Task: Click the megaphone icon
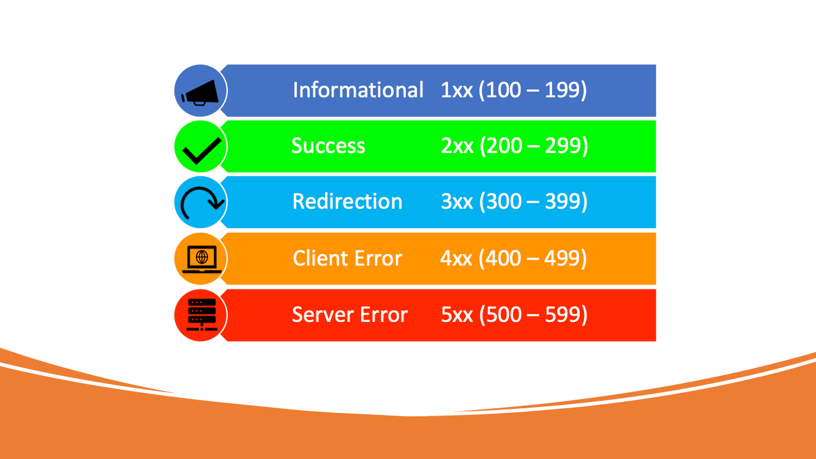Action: pyautogui.click(x=200, y=92)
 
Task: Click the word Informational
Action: pyautogui.click(x=358, y=90)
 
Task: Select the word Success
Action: pyautogui.click(x=328, y=146)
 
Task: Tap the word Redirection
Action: pyautogui.click(x=347, y=201)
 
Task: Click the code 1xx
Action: pyautogui.click(x=456, y=91)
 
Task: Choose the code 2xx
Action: pyautogui.click(x=457, y=146)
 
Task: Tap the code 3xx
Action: pyautogui.click(x=457, y=202)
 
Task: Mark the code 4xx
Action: pyautogui.click(x=456, y=258)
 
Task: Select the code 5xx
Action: pyautogui.click(x=457, y=315)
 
